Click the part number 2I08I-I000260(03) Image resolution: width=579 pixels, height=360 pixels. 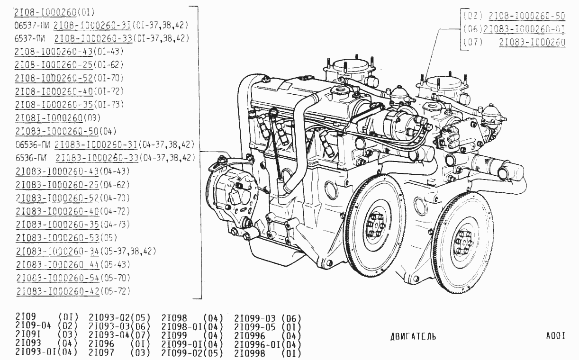click(58, 118)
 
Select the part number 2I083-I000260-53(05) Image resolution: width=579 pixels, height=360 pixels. click(67, 237)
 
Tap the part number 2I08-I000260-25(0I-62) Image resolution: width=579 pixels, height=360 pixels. click(69, 64)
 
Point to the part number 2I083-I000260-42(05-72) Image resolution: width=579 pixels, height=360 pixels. click(73, 291)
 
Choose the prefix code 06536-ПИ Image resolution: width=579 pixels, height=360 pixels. click(33, 144)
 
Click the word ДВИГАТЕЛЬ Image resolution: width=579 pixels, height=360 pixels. click(413, 336)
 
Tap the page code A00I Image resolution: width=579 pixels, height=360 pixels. click(556, 336)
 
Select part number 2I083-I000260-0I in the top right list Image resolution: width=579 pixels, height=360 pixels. click(524, 29)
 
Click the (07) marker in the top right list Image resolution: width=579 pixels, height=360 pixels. click(473, 42)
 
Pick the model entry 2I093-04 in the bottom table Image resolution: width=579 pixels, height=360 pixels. click(109, 335)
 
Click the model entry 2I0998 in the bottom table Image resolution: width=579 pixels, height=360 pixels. click(250, 353)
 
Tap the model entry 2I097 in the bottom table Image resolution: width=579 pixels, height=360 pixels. click(101, 352)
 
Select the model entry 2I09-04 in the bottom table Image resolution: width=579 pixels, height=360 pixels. click(33, 325)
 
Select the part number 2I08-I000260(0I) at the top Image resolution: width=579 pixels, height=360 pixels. click(54, 12)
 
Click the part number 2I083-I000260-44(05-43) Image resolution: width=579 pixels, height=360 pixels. click(73, 265)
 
